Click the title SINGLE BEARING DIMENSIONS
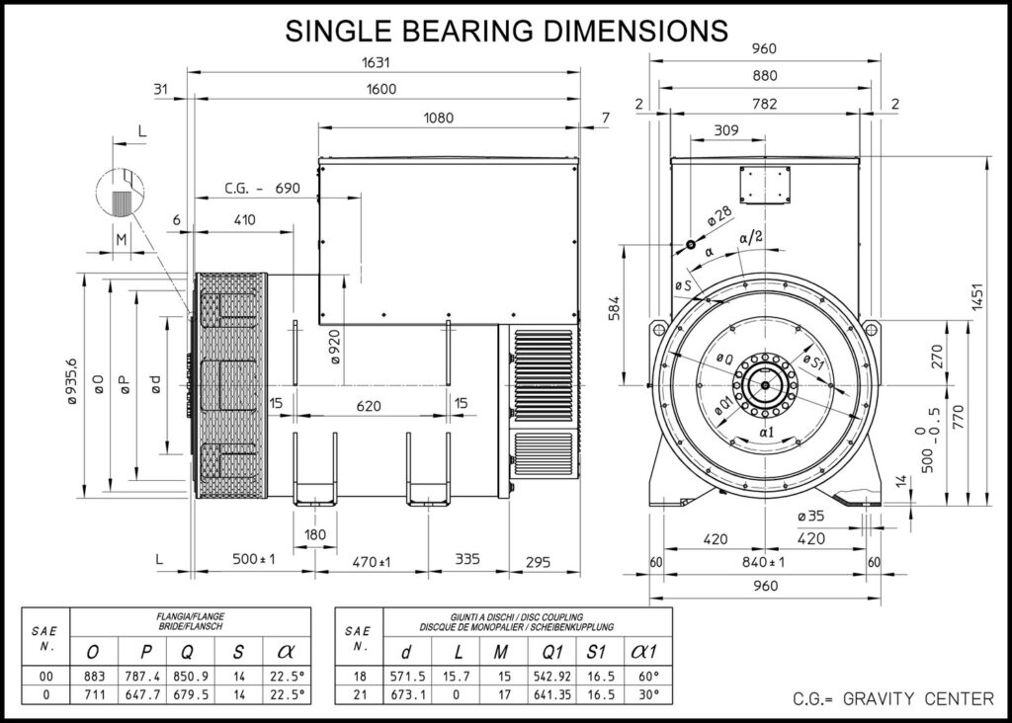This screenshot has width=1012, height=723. click(x=506, y=30)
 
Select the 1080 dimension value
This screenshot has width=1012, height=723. click(x=438, y=118)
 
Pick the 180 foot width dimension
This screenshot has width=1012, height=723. click(x=314, y=534)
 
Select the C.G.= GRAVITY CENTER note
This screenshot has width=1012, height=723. click(x=893, y=699)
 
